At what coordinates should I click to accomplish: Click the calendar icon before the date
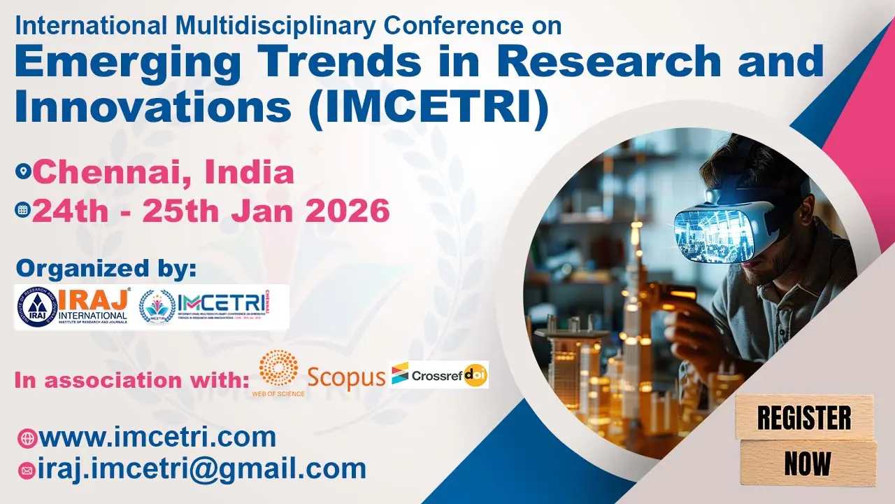[x=23, y=210]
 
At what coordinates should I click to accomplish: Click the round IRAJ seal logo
[x=36, y=307]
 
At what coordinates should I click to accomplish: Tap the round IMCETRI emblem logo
[x=157, y=307]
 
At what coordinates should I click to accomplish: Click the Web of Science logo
[x=278, y=372]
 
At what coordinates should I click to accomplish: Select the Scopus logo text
[x=346, y=377]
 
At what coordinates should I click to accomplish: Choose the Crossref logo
[x=427, y=375]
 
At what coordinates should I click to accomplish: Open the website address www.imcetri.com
[x=157, y=437]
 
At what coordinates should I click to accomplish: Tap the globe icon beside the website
[x=27, y=438]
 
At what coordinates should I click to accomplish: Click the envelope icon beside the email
[x=27, y=470]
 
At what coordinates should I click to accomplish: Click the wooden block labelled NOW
[x=808, y=463]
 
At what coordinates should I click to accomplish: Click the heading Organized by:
[x=106, y=269]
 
